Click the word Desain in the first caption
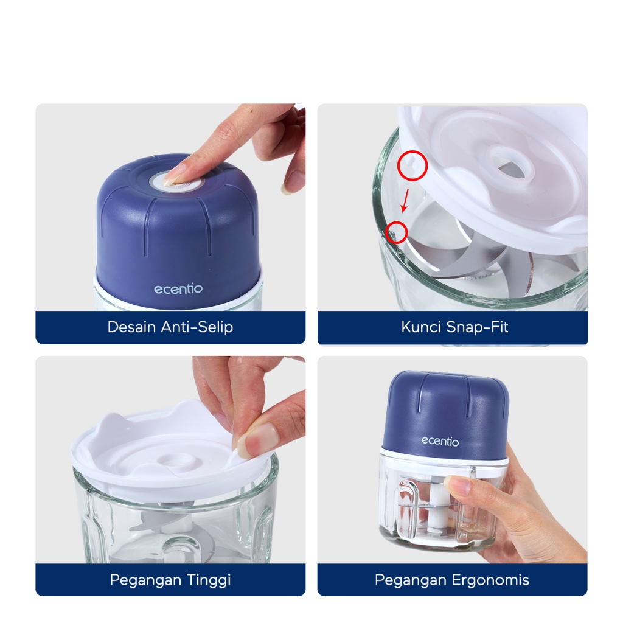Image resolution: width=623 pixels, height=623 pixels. [x=131, y=327]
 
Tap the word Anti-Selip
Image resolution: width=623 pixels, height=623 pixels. [x=197, y=327]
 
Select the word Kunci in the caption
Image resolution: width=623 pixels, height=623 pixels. [x=421, y=327]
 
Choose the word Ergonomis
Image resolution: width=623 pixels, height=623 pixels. [x=490, y=580]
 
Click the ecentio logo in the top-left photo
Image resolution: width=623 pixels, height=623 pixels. [x=178, y=289]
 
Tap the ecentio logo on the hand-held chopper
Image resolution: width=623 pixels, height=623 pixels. [x=440, y=441]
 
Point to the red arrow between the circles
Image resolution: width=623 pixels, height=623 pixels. [x=405, y=201]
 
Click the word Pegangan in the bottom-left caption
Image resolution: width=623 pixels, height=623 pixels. [x=145, y=580]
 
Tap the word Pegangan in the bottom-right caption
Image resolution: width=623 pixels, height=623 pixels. [x=411, y=580]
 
